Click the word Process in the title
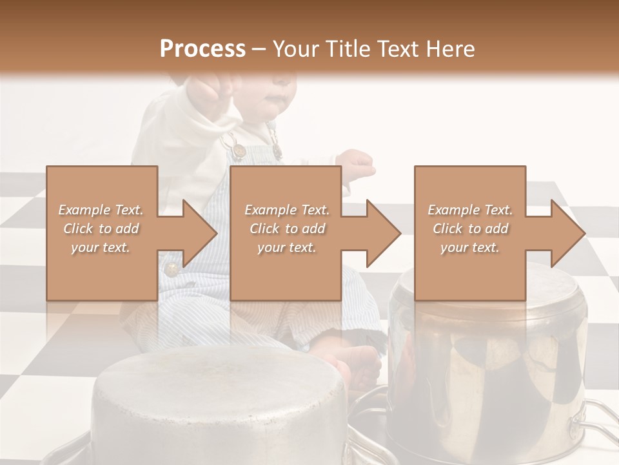202,49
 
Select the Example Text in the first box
101,210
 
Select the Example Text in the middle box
287,210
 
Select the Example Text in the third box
470,210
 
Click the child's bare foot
361,366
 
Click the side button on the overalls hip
171,269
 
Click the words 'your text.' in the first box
101,247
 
